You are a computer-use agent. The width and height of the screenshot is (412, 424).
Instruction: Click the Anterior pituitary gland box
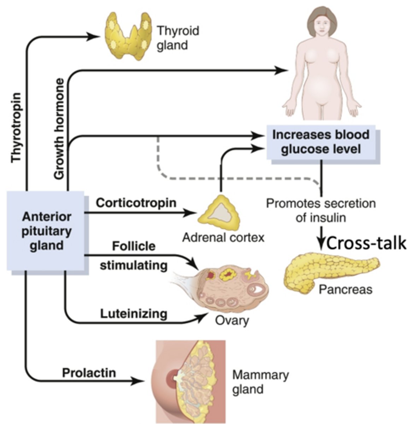pos(45,231)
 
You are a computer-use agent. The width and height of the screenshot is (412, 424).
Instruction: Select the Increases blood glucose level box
pos(321,142)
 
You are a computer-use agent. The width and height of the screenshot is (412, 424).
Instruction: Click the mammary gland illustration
pos(188,378)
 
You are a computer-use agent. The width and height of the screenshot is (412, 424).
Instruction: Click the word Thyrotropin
pos(16,128)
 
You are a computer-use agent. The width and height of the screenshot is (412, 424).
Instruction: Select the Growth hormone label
pos(59,129)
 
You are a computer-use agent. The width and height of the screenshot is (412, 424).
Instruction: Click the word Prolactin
pos(89,373)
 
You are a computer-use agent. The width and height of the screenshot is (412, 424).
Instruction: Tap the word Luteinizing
pos(134,314)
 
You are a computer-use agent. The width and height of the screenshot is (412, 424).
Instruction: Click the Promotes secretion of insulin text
pos(321,211)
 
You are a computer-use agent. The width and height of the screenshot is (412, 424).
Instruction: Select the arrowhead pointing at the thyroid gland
pos(93,36)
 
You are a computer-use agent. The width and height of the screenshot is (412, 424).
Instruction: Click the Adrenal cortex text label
pos(223,237)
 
